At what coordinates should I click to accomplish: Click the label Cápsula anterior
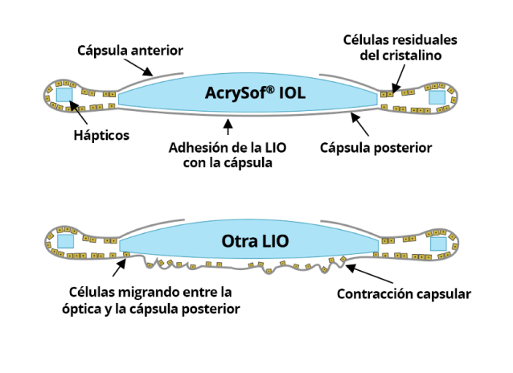pyautogui.click(x=129, y=51)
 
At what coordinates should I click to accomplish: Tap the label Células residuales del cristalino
pyautogui.click(x=400, y=47)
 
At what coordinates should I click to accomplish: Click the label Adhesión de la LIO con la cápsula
pyautogui.click(x=229, y=154)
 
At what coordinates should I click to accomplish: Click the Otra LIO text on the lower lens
pyautogui.click(x=256, y=240)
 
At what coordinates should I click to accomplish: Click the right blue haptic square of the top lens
pyautogui.click(x=437, y=96)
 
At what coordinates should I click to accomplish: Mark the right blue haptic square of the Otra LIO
pyautogui.click(x=437, y=244)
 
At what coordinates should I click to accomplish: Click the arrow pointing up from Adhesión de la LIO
pyautogui.click(x=228, y=126)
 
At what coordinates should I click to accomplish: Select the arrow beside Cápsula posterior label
pyautogui.click(x=359, y=125)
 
